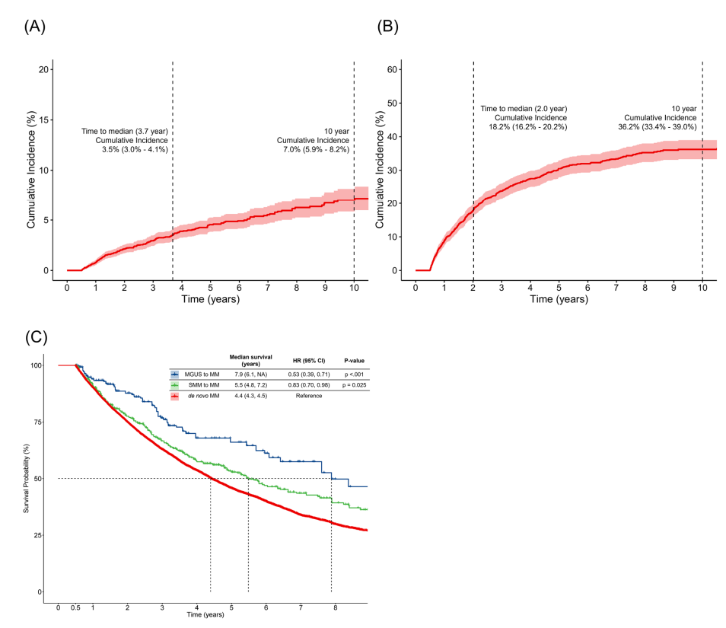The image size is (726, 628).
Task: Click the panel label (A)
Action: (35, 26)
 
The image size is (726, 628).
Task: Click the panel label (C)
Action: (35, 336)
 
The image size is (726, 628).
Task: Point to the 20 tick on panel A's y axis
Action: (43, 69)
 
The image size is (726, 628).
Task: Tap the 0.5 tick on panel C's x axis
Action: (75, 607)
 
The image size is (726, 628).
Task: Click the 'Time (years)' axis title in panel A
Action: (209, 299)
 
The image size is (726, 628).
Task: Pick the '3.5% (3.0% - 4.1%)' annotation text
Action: (135, 150)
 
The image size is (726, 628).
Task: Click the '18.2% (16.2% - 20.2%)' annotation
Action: (524, 126)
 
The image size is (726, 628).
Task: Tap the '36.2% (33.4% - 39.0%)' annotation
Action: (657, 126)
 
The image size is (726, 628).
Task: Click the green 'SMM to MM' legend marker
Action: (175, 385)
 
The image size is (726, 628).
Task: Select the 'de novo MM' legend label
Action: (199, 396)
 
